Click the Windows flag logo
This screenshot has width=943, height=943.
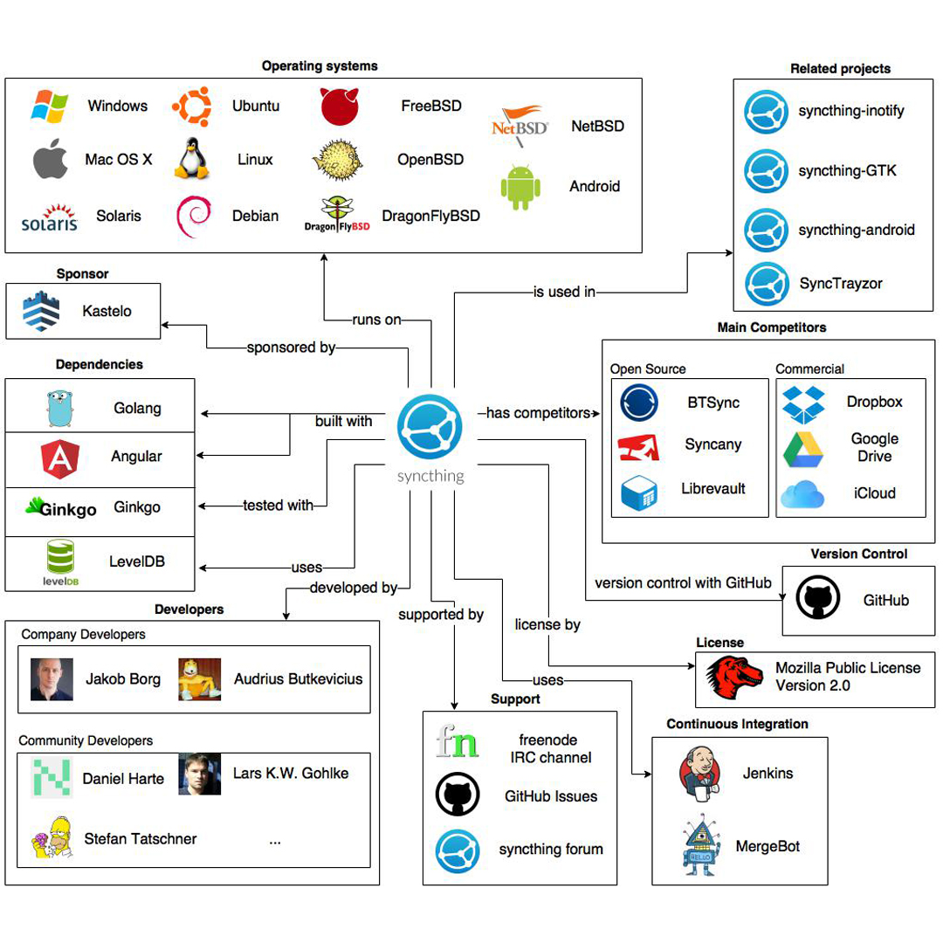click(50, 106)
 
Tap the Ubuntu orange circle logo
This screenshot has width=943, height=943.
click(192, 107)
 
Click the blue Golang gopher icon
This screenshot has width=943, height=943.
click(60, 408)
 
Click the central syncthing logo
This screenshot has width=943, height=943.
click(430, 428)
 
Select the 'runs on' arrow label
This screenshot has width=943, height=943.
click(377, 320)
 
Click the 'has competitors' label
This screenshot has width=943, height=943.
click(537, 412)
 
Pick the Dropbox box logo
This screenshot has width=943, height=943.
click(802, 403)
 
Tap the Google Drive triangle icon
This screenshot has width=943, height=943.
click(803, 448)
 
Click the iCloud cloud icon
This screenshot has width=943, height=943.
click(802, 494)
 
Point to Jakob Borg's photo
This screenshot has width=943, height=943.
click(52, 678)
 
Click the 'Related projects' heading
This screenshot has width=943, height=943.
click(840, 68)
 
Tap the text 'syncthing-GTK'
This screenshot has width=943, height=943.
click(847, 171)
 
